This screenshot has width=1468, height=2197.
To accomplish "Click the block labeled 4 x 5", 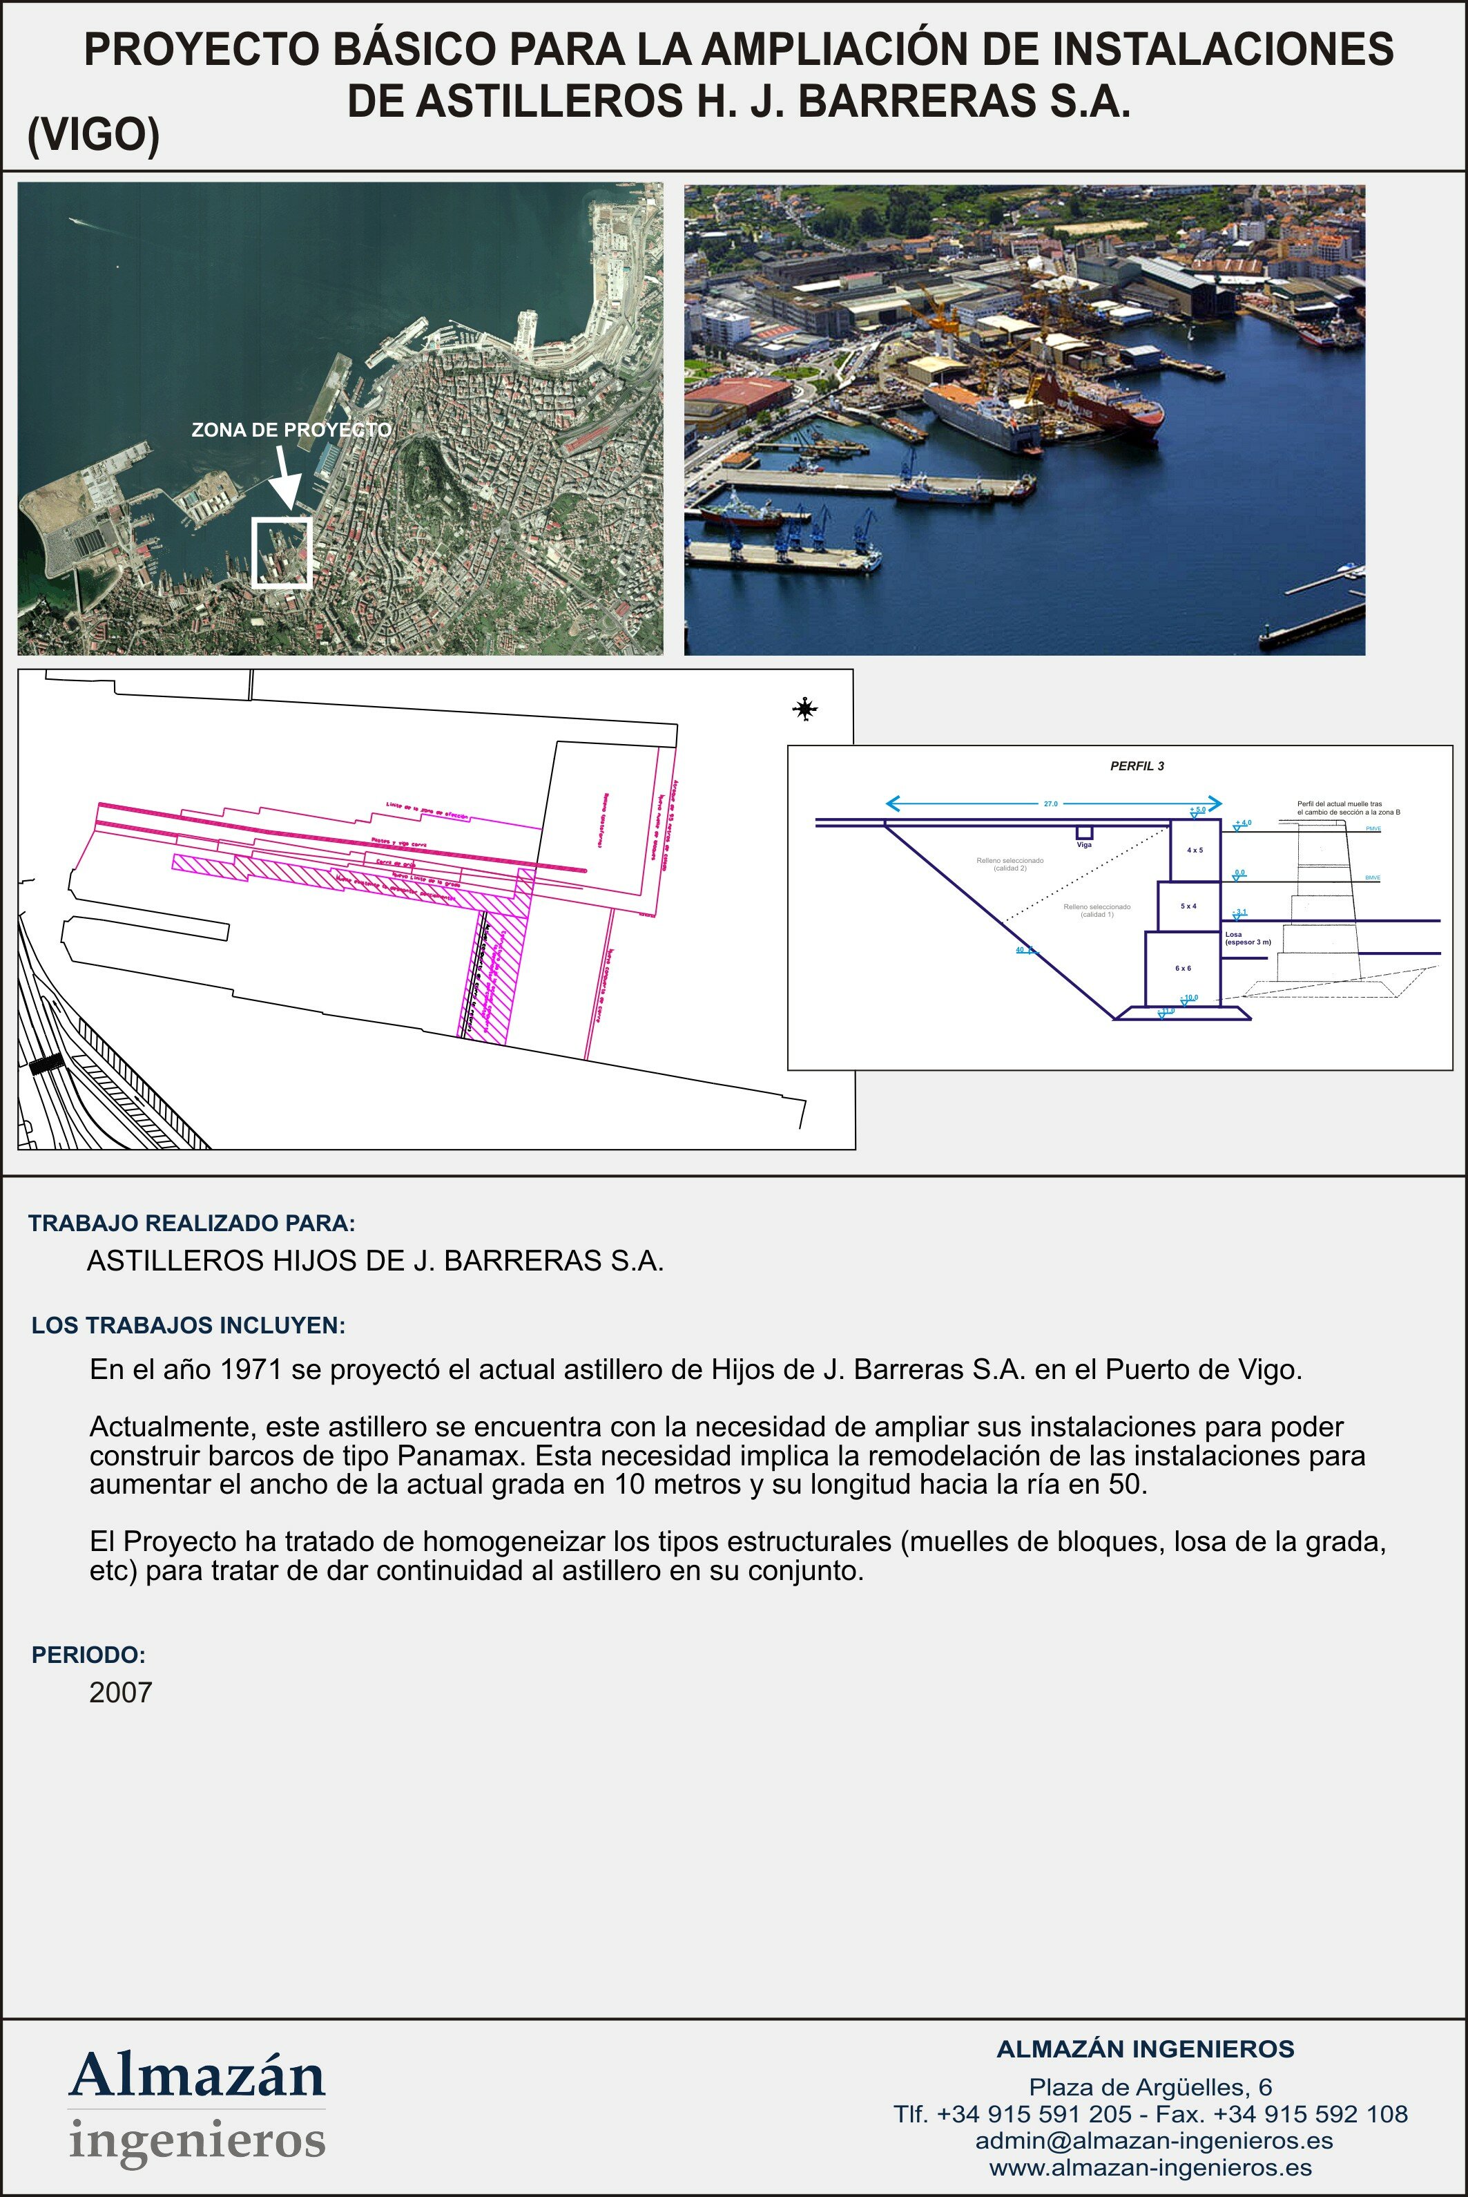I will (1195, 849).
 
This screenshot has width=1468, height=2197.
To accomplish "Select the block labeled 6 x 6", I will (1182, 967).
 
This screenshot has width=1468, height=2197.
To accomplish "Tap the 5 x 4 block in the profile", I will (1188, 906).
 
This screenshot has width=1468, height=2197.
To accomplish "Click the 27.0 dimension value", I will (1050, 803).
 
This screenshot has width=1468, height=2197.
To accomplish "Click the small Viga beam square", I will (1084, 832).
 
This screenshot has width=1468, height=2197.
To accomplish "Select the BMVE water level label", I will (1373, 877).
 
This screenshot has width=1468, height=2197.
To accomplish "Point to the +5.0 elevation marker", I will (1197, 809).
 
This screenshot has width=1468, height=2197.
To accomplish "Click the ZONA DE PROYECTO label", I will (291, 430).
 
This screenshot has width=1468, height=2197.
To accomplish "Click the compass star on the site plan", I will (804, 709).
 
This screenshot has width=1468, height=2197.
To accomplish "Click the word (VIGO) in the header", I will (94, 135).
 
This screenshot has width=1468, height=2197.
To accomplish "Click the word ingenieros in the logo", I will (197, 2139).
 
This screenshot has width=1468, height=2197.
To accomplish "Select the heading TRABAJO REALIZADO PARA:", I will (192, 1223).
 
